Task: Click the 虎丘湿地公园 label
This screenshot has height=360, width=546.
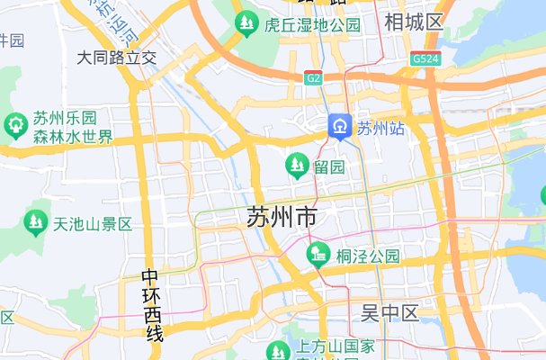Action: tap(313, 24)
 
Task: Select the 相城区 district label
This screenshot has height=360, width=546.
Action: tap(414, 22)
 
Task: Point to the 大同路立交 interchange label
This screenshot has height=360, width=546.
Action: tap(117, 58)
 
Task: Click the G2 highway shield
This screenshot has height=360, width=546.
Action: tap(313, 78)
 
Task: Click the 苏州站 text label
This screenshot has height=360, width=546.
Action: tap(380, 128)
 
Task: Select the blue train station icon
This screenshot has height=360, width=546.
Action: tap(340, 127)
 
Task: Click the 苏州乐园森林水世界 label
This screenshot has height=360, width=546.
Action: tap(73, 128)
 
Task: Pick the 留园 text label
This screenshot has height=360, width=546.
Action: tap(328, 167)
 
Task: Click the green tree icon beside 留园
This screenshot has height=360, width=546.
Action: tap(295, 165)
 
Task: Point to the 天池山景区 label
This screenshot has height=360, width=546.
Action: tap(93, 223)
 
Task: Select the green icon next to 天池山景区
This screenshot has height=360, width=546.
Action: tap(36, 220)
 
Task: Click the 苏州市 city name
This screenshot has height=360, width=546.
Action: tap(281, 217)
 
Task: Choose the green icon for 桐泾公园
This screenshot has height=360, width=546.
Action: tap(317, 256)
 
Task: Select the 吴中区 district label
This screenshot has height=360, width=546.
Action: tap(390, 314)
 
